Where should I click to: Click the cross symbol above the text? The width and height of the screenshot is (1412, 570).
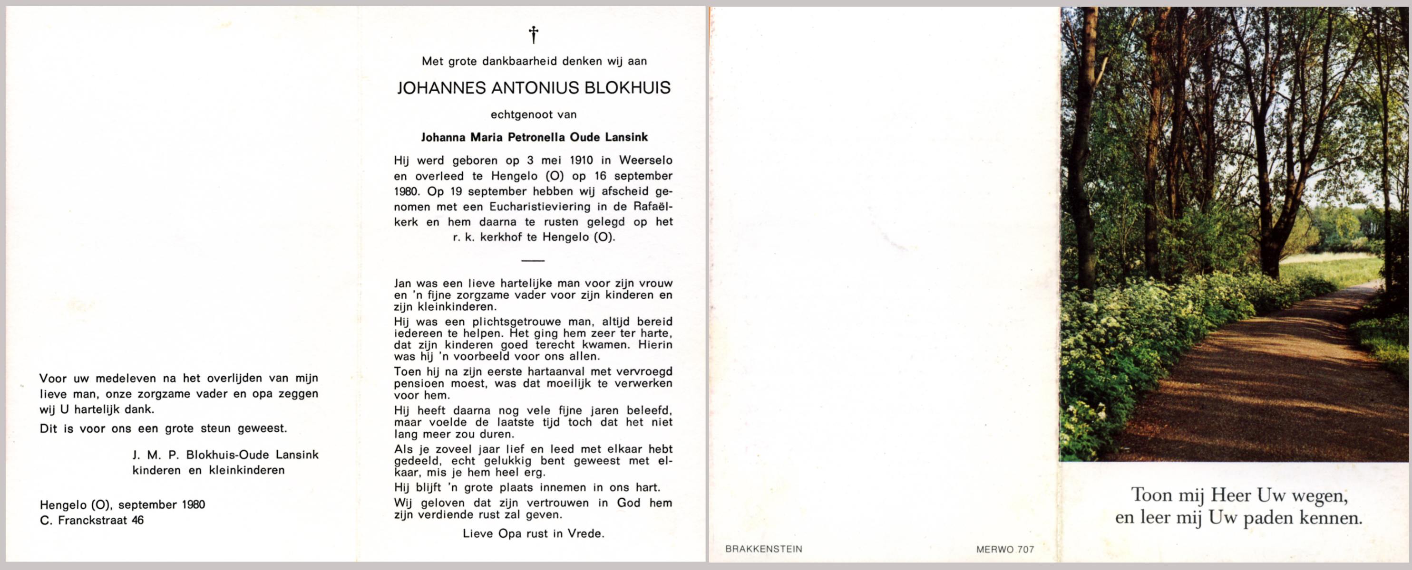(x=533, y=35)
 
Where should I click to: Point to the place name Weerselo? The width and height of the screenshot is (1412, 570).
(x=646, y=161)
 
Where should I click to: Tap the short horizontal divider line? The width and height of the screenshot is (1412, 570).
(x=533, y=261)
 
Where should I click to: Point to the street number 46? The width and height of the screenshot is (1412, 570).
(x=137, y=520)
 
